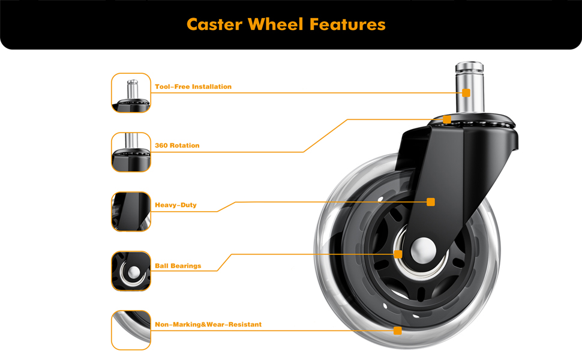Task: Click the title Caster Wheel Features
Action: coord(286,24)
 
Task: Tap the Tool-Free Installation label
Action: coord(193,87)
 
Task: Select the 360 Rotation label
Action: coord(177,146)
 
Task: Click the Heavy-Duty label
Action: coord(176,205)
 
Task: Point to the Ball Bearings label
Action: coord(178,266)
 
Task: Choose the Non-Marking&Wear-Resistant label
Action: coord(208,325)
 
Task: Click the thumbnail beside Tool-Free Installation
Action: coord(131,92)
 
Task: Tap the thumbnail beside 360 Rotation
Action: coord(131,152)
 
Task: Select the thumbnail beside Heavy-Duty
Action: coord(131,211)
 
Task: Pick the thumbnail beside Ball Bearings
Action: coord(131,271)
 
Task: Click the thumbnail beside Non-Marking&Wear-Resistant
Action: coord(131,330)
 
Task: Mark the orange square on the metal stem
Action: coord(466,92)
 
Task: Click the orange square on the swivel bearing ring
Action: coord(447,119)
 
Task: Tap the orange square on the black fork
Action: coord(431,202)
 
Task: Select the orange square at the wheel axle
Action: coord(398,254)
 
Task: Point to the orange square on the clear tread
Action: coord(397,331)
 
